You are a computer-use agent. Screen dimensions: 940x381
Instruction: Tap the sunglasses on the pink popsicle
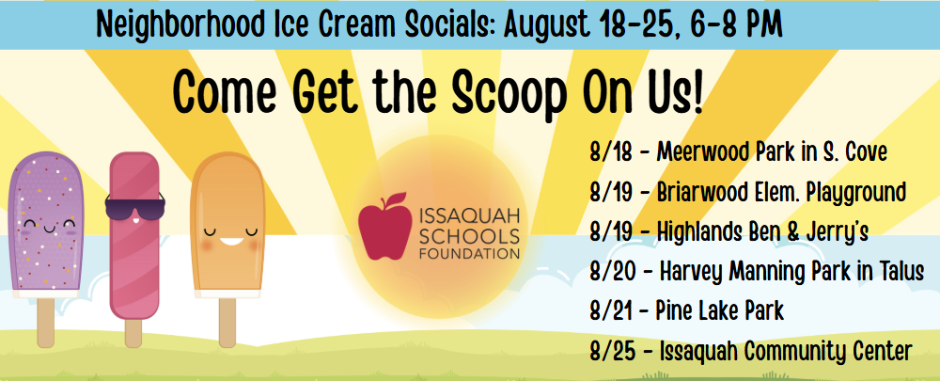pos(134,206)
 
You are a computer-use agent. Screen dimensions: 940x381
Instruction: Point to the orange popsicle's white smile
pos(231,241)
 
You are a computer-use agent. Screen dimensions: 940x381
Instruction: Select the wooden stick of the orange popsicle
pos(227,322)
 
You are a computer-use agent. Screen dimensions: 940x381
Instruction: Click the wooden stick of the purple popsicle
pos(45,322)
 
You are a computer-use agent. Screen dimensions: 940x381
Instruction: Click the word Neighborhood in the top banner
pos(178,24)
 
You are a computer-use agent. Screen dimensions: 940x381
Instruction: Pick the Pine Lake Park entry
pos(719,311)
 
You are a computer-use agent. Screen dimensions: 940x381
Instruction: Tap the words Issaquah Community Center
pos(785,351)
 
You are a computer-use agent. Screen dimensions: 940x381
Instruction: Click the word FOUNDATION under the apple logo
pos(469,254)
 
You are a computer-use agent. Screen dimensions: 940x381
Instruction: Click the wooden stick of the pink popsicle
pos(133,333)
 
